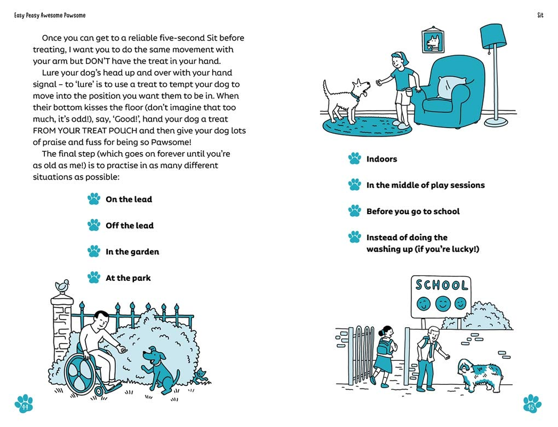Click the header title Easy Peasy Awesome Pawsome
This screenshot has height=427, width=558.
[50, 15]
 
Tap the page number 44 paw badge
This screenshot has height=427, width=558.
[24, 405]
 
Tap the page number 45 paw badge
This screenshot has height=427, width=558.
[531, 404]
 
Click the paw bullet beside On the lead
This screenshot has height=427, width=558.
[94, 199]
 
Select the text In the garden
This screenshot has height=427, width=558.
[132, 252]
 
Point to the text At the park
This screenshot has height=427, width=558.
[128, 278]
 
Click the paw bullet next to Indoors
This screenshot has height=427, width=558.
[355, 159]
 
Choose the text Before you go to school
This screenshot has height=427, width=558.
[412, 211]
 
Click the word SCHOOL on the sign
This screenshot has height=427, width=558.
[442, 285]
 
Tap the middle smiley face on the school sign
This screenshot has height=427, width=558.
[442, 304]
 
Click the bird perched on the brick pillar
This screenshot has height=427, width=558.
[63, 286]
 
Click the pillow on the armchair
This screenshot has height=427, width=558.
[451, 86]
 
